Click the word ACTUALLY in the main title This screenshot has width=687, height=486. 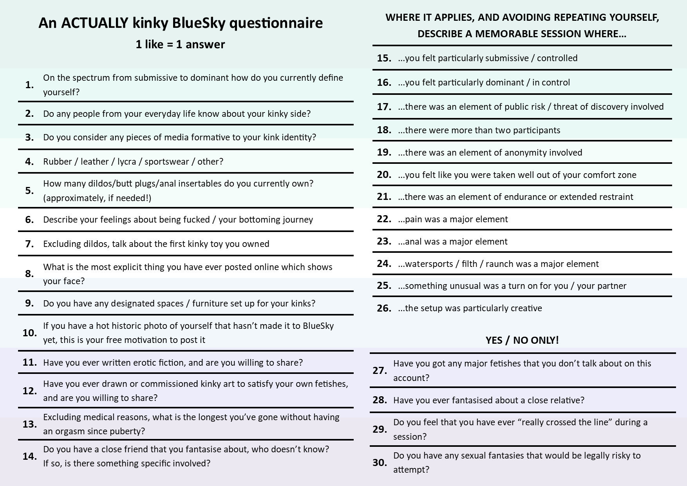[x=94, y=23]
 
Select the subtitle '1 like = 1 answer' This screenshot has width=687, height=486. [x=180, y=44]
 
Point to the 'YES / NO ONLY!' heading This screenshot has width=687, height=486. [x=522, y=340]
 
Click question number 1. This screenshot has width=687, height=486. [x=29, y=85]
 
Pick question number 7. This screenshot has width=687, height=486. [x=29, y=244]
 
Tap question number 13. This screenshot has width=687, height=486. [x=29, y=424]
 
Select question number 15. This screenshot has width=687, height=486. [x=384, y=58]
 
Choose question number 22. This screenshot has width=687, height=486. [x=384, y=219]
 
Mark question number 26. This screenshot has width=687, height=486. [x=384, y=308]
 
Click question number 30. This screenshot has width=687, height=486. [x=380, y=462]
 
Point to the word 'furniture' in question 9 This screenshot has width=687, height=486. [x=208, y=304]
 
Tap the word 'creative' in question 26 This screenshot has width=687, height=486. [x=526, y=308]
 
